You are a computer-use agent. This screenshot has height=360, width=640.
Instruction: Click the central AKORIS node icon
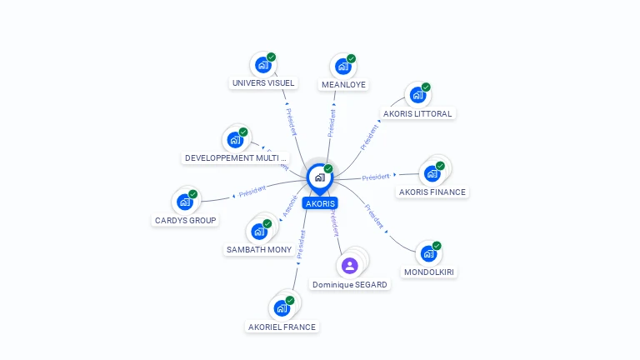(x=319, y=177)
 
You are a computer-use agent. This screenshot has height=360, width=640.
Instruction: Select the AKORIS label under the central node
(x=320, y=203)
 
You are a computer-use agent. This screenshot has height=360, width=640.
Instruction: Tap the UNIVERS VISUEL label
(x=263, y=83)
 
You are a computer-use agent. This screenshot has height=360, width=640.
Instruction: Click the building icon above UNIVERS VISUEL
(x=263, y=64)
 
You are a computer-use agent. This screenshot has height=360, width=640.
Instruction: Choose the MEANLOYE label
(x=343, y=84)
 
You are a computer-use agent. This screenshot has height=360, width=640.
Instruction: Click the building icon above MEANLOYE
(x=342, y=66)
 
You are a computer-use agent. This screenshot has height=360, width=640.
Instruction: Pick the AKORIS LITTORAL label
(x=417, y=113)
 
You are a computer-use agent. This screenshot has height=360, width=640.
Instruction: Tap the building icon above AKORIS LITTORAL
(x=417, y=94)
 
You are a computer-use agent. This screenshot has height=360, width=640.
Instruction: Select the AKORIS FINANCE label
(x=432, y=192)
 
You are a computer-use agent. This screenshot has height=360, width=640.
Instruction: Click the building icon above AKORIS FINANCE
(x=432, y=172)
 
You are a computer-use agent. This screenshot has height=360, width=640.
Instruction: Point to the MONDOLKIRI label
(x=430, y=272)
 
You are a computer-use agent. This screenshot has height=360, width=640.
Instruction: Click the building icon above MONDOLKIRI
(x=428, y=252)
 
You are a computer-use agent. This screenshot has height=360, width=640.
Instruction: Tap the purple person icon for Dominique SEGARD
(x=350, y=266)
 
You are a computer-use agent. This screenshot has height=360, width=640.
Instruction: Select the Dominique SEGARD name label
(x=350, y=285)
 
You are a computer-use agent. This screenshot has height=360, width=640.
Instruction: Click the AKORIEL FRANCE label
(x=282, y=327)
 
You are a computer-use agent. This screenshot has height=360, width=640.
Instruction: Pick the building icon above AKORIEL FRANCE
(x=282, y=307)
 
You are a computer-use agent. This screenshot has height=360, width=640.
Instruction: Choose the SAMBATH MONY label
(x=259, y=249)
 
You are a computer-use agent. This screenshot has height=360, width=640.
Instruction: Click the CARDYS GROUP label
(x=186, y=220)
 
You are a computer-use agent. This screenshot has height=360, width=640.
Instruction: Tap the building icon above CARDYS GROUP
(x=185, y=201)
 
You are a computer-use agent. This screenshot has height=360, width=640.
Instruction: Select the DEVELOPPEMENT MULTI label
(x=235, y=157)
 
